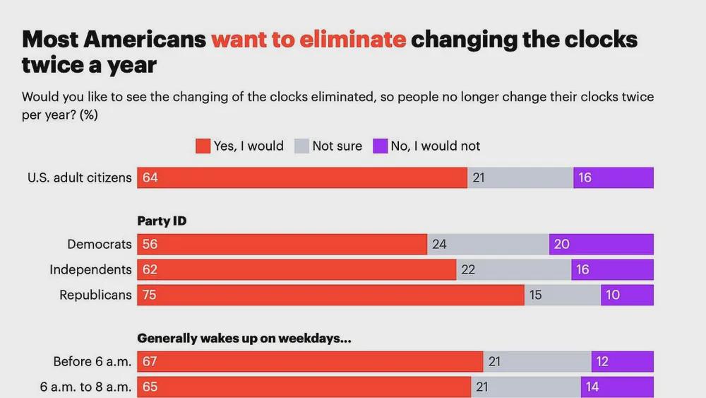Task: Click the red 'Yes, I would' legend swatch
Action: tap(203, 146)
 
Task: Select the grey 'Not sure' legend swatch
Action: tap(301, 146)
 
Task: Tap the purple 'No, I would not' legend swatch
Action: tap(380, 146)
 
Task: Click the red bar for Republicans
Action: tap(330, 295)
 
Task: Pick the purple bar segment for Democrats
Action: tap(601, 245)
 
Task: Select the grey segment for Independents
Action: tap(513, 270)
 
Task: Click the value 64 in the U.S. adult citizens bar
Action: tap(150, 178)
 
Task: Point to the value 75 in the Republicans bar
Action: tap(150, 295)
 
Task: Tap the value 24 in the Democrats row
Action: tap(439, 245)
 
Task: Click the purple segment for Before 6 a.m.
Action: tap(622, 362)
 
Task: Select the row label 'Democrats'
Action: tap(100, 245)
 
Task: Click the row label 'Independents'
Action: tap(90, 270)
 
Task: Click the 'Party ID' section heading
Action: tap(162, 221)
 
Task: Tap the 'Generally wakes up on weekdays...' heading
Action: tap(244, 338)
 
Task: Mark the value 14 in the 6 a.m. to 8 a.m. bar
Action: tap(591, 387)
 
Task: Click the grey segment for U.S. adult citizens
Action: tap(520, 178)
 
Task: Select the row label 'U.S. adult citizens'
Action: tap(80, 178)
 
